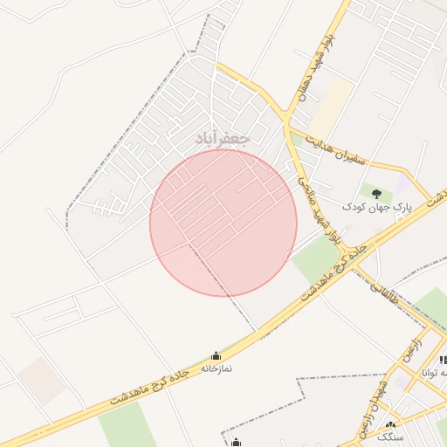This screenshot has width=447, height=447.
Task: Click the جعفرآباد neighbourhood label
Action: (x=223, y=138)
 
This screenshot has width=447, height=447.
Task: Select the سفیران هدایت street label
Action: (x=347, y=146)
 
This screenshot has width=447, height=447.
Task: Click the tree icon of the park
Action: (x=376, y=193)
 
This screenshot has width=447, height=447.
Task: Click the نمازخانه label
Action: (x=217, y=368)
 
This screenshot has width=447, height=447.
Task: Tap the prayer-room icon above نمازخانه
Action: (x=217, y=355)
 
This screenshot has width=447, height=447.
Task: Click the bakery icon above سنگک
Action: (x=390, y=424)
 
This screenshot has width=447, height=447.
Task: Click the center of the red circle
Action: (x=223, y=223)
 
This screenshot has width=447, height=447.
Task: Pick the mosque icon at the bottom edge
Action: (x=235, y=442)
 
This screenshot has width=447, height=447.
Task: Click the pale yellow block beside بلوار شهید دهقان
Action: (x=331, y=105)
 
